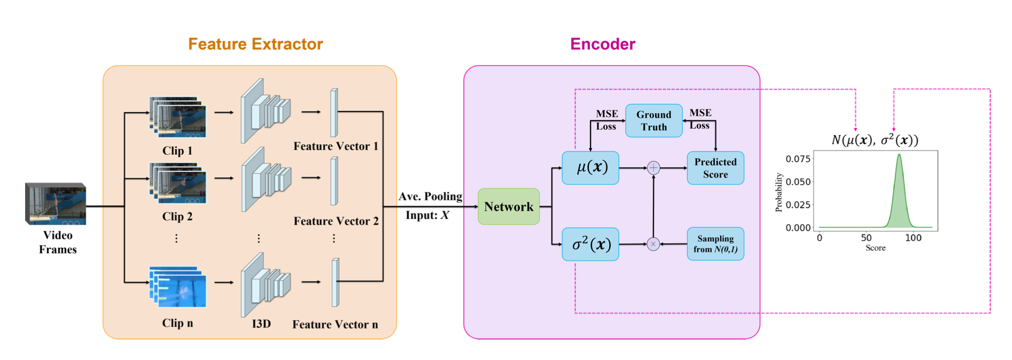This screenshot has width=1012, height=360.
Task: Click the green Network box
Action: [509, 207]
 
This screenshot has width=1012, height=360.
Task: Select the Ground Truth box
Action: [653, 121]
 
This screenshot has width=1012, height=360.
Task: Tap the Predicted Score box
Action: [715, 168]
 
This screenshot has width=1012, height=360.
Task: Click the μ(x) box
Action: [590, 168]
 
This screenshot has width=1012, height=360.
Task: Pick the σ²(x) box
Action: [590, 244]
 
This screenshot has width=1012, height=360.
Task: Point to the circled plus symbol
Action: [653, 168]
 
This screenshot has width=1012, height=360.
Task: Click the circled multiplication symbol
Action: [653, 244]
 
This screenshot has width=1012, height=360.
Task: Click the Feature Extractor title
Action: [255, 44]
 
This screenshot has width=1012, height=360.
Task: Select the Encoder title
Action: [602, 44]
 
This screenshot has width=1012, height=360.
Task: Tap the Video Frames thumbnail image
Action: [56, 204]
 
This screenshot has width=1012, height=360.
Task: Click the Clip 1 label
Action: [177, 151]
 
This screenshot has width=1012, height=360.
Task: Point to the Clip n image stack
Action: [178, 287]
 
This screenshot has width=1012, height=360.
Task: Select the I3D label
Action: [261, 324]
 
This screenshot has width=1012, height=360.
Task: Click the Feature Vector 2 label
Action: [336, 221]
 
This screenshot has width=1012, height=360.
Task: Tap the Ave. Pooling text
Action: [430, 197]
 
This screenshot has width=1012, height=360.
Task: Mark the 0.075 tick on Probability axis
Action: [798, 159]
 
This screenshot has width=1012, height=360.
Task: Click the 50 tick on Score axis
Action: [866, 238]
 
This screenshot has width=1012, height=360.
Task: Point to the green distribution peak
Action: [899, 155]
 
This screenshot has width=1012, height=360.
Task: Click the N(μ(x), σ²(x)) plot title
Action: [875, 140]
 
